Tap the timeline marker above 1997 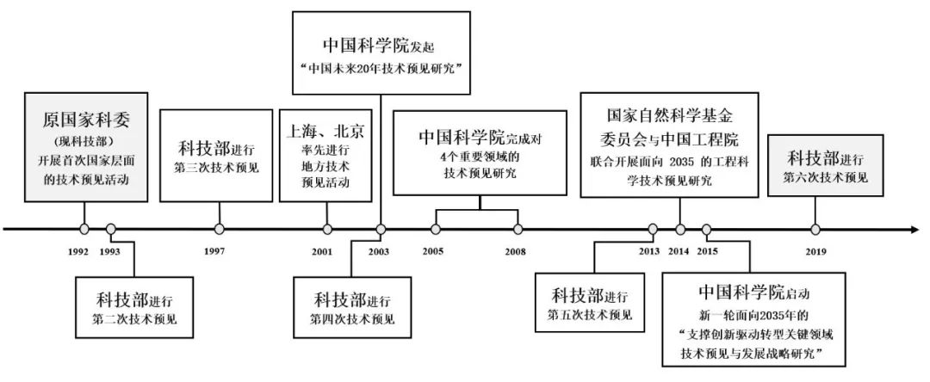220,229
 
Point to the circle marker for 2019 815,229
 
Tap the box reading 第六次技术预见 826,167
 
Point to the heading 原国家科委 86,118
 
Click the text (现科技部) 86,139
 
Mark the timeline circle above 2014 679,229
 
